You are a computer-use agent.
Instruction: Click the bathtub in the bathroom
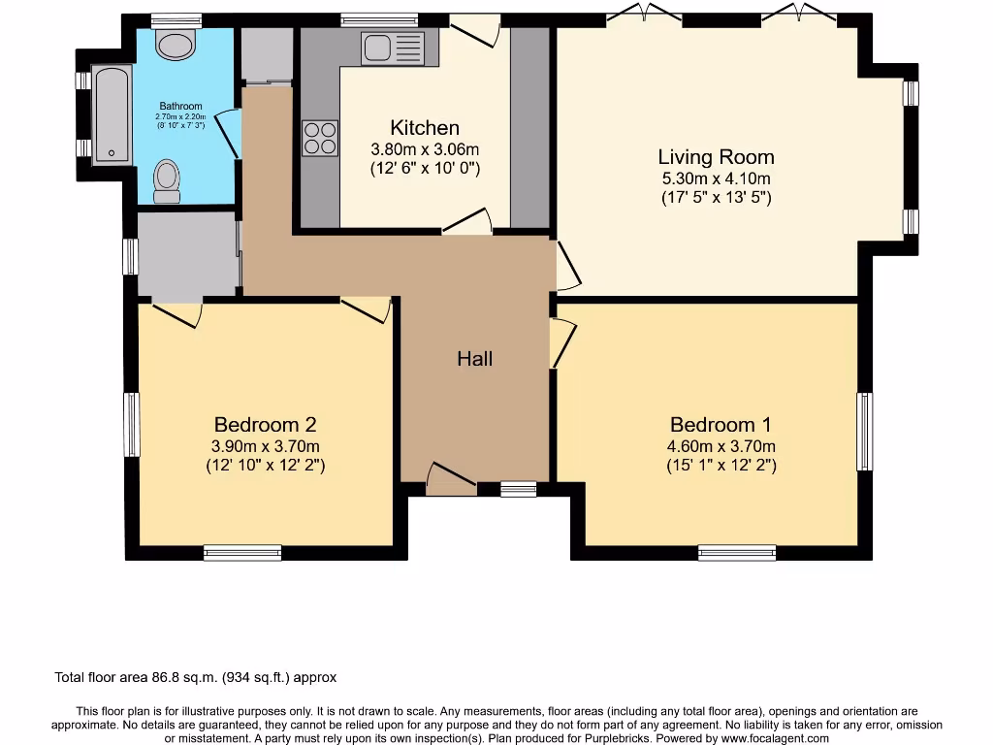click(112, 114)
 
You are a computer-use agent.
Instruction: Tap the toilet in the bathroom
click(167, 181)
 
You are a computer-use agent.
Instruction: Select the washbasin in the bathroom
click(175, 46)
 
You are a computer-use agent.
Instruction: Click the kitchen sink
click(393, 49)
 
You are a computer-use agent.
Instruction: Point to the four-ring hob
click(320, 138)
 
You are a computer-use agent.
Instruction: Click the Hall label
click(475, 359)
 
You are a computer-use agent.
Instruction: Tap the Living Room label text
click(717, 156)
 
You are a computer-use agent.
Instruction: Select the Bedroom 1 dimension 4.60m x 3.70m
click(721, 446)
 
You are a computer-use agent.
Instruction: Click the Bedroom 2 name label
click(266, 424)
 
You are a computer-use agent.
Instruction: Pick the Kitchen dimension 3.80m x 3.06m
click(425, 149)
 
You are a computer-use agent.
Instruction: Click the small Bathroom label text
click(180, 106)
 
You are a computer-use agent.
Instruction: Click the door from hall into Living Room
click(568, 266)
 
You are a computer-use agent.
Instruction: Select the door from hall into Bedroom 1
click(563, 342)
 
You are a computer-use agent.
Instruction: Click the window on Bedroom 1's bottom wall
click(737, 553)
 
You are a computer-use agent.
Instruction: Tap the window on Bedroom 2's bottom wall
click(242, 553)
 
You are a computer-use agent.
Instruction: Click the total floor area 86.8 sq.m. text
click(196, 677)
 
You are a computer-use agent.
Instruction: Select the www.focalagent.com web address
click(775, 738)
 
